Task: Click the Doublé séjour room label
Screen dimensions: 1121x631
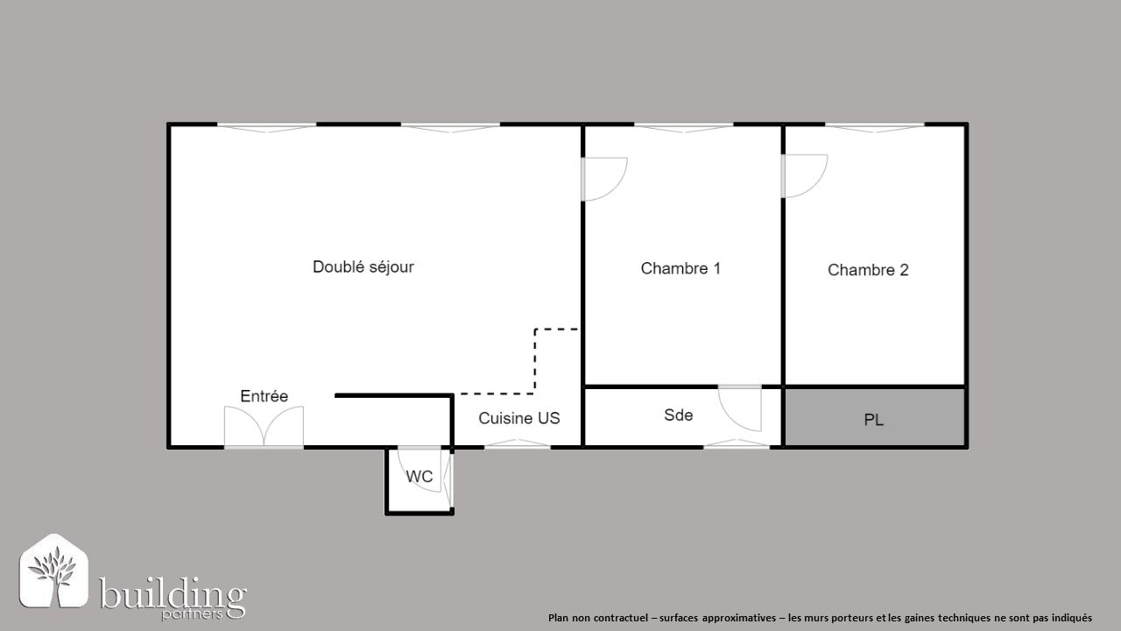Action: [363, 267]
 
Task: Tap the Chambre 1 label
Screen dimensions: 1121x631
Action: [680, 268]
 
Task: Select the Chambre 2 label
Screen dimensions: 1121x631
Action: [868, 270]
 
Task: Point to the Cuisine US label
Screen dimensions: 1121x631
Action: [519, 418]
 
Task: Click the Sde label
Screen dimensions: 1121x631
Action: [678, 415]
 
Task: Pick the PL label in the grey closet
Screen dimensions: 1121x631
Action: [874, 420]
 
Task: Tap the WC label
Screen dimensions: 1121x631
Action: [419, 476]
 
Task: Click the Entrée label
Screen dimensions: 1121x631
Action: [264, 396]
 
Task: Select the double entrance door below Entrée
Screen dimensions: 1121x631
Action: [264, 426]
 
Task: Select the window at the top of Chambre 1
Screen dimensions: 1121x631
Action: [684, 128]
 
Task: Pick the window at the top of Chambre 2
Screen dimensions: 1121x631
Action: [874, 128]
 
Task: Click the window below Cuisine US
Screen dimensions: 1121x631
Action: [518, 443]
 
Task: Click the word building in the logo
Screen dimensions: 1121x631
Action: [173, 594]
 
